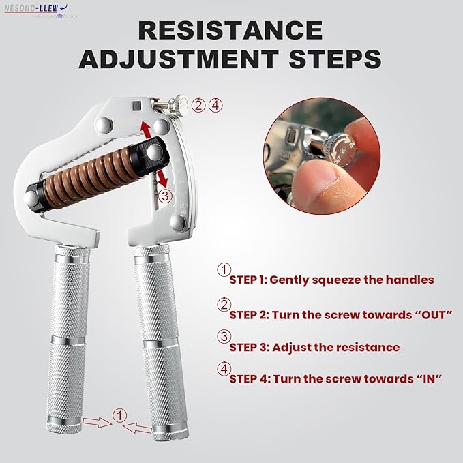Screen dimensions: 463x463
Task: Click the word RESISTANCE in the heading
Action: click(x=230, y=31)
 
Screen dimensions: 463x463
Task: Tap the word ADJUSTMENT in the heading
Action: click(x=175, y=59)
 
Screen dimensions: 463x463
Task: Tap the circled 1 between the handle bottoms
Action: click(x=119, y=415)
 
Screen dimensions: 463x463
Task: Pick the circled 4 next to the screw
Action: click(x=215, y=105)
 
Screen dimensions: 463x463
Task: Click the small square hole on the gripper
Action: click(x=136, y=106)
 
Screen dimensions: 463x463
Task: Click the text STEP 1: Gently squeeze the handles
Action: click(x=331, y=280)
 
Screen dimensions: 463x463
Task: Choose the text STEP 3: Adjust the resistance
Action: click(x=314, y=347)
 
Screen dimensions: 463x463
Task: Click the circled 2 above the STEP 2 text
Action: click(x=223, y=304)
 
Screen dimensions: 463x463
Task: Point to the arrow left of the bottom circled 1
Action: click(x=95, y=423)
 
